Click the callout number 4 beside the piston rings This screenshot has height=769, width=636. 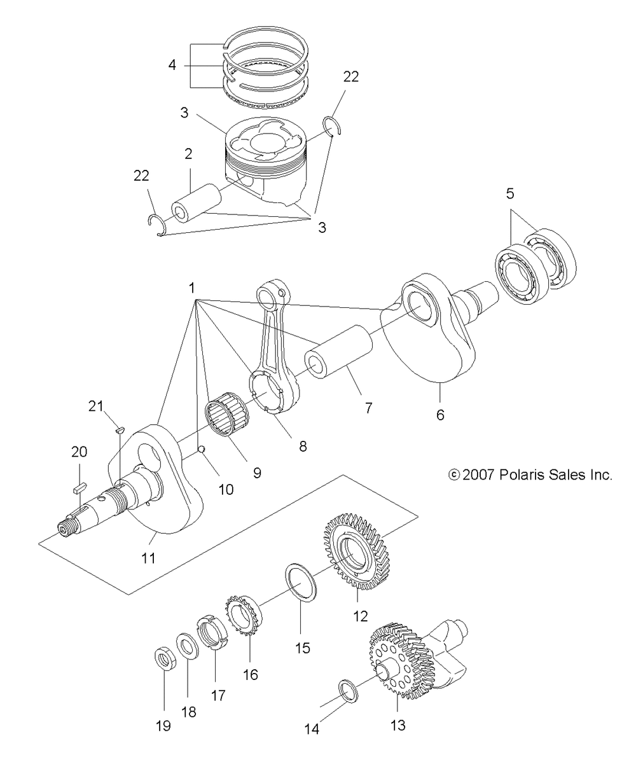point(172,65)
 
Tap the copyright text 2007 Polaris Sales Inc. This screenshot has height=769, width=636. point(530,475)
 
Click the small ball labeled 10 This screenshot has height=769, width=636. point(202,449)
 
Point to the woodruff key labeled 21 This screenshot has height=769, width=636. point(120,429)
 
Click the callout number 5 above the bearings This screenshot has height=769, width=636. point(509,193)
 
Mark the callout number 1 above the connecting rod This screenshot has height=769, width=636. point(191,288)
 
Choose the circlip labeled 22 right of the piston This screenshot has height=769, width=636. point(332,125)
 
